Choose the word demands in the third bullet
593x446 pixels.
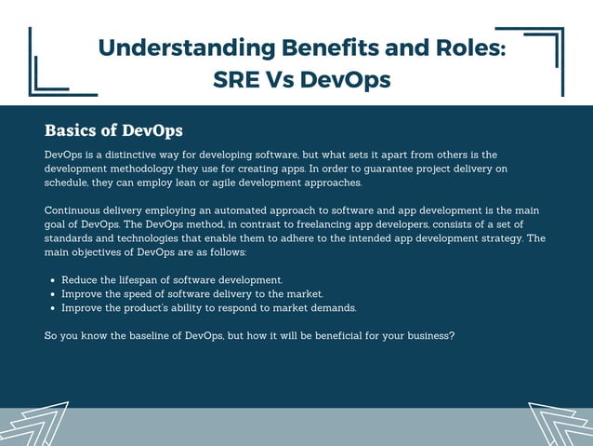tap(333, 307)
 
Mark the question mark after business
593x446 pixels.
tap(452, 335)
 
